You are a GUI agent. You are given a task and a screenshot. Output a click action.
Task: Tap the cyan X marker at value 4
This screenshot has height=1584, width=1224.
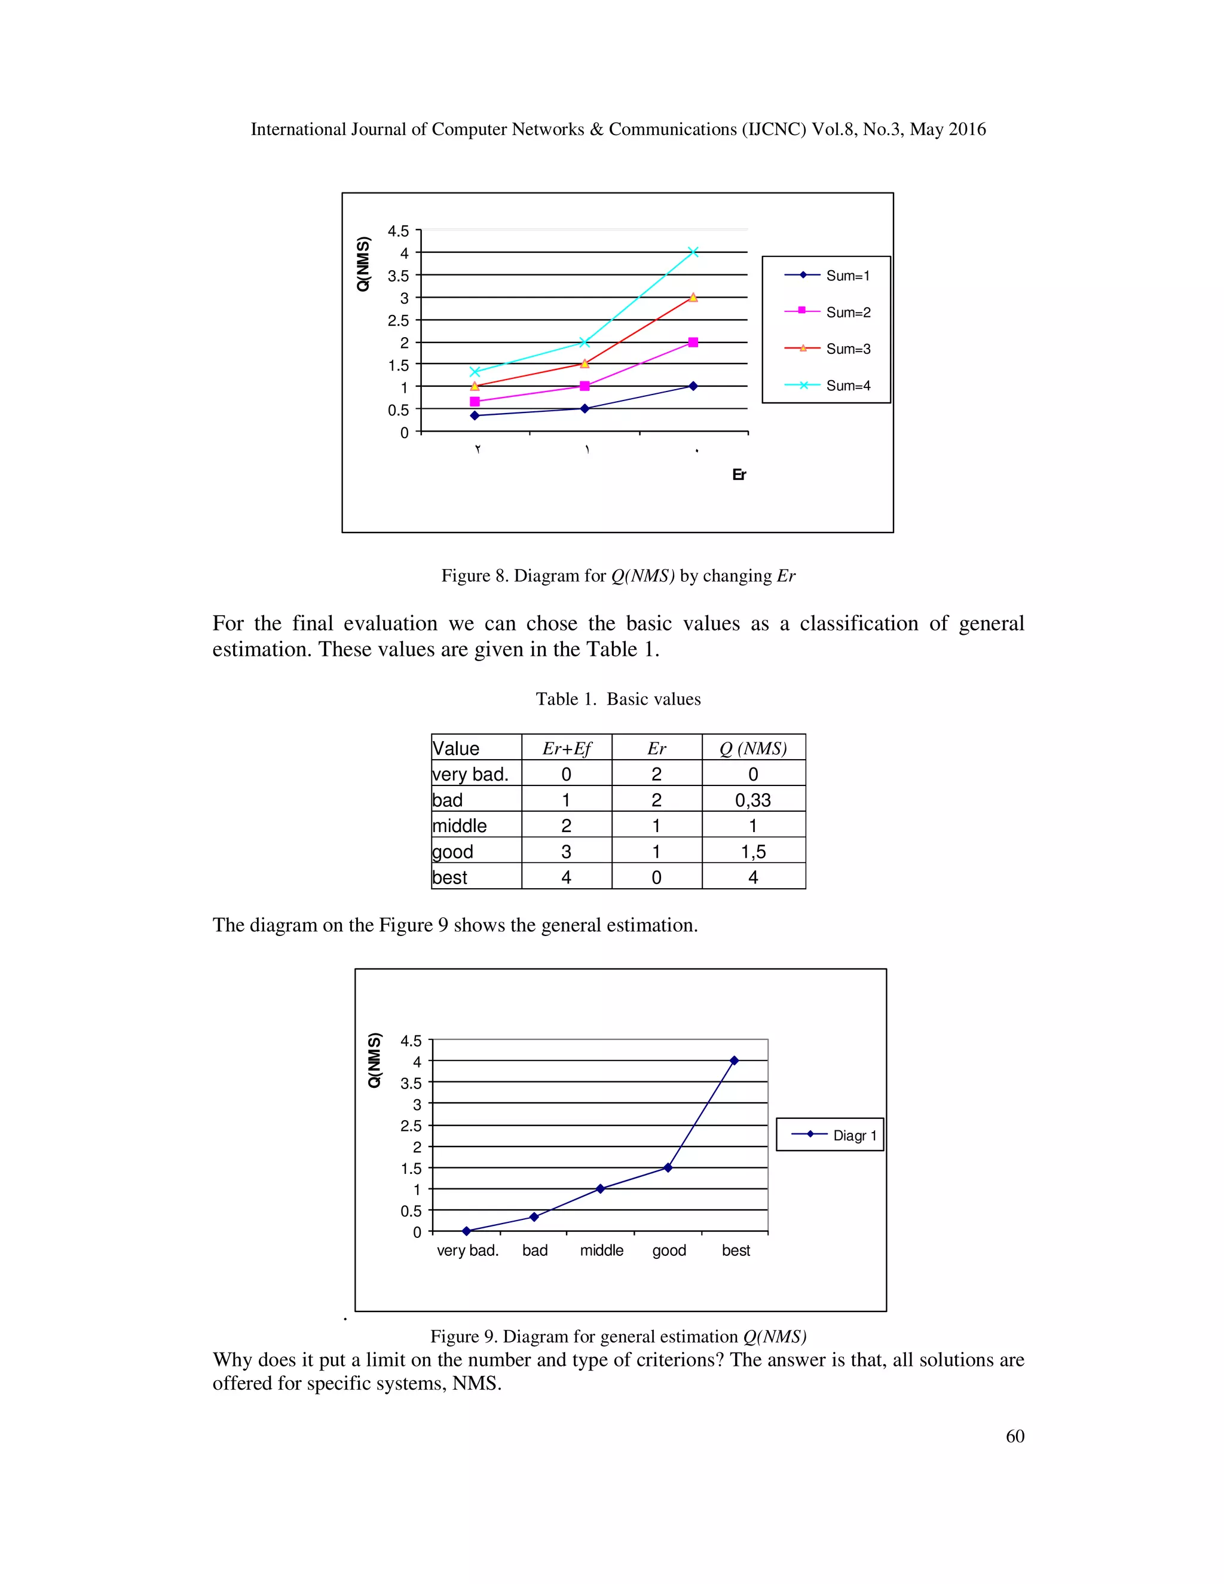[693, 252]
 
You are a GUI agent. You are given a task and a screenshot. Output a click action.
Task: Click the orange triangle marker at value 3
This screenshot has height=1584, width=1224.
[693, 297]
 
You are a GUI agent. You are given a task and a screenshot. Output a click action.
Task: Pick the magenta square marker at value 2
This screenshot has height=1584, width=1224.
[693, 343]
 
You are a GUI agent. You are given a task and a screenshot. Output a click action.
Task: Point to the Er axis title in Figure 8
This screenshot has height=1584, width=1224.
[739, 475]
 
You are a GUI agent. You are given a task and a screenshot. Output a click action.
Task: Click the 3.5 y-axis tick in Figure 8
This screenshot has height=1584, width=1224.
[398, 276]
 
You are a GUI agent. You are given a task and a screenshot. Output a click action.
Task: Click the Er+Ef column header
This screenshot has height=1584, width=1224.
[567, 748]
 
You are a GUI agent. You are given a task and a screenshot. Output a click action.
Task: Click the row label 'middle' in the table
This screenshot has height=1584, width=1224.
[460, 826]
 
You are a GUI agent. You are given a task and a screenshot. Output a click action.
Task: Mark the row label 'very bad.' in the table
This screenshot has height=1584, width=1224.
[470, 775]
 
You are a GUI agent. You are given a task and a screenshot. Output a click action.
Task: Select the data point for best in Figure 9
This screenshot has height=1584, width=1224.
[734, 1060]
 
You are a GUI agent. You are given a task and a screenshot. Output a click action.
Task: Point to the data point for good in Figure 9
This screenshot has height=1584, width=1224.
[668, 1168]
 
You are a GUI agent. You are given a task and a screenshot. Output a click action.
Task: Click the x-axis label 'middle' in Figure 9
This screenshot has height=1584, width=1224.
[601, 1250]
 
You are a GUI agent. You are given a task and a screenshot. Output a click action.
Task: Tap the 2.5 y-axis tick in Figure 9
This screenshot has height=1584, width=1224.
[411, 1126]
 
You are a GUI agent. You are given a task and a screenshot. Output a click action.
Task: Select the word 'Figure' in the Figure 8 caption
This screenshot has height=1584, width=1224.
[465, 576]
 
